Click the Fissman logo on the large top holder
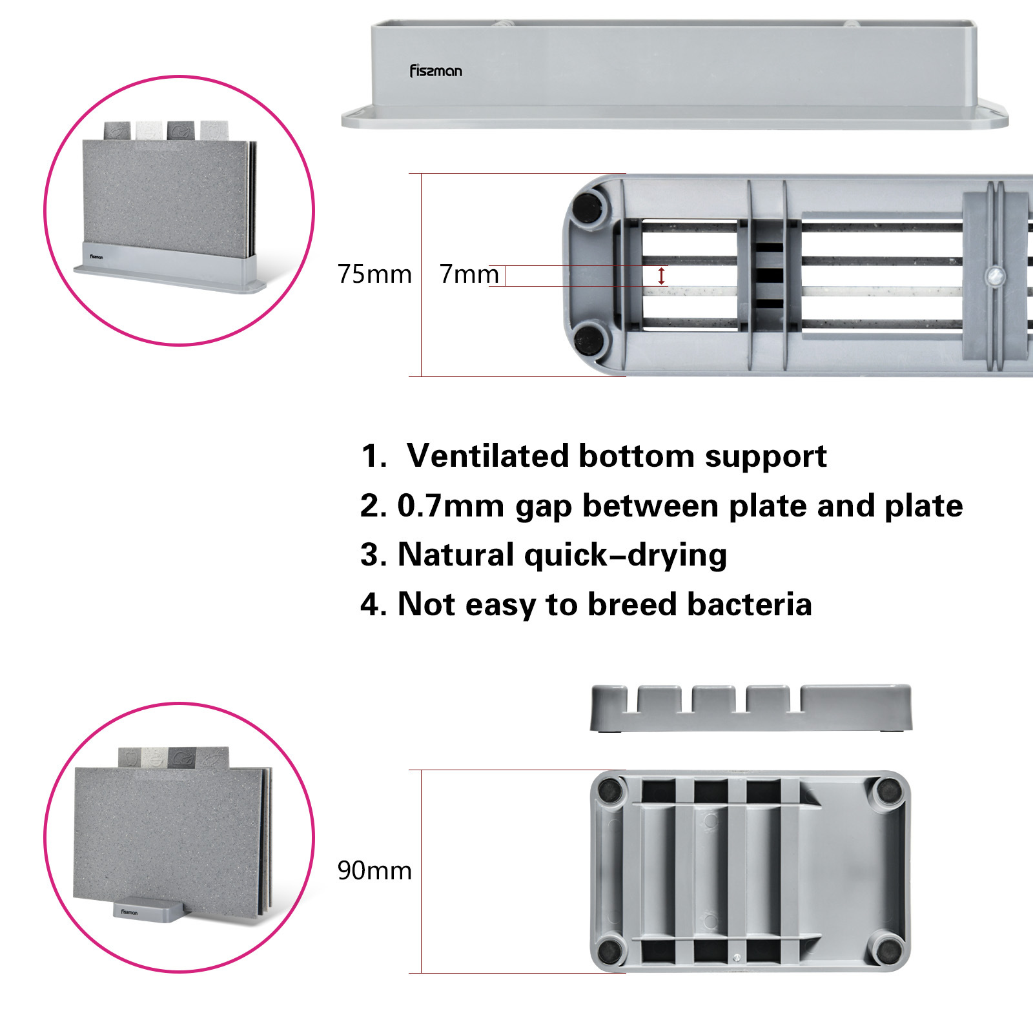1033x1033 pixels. click(x=436, y=71)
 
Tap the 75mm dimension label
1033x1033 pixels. click(x=374, y=274)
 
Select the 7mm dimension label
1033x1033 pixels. click(x=469, y=274)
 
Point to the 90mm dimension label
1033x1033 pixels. click(x=374, y=870)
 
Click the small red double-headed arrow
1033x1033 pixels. click(x=661, y=276)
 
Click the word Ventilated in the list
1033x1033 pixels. click(x=487, y=456)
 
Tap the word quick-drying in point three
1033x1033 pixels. click(x=625, y=555)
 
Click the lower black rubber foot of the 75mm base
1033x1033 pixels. click(x=588, y=338)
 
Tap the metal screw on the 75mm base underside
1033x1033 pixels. click(x=995, y=276)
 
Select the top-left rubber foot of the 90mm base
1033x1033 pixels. click(x=609, y=790)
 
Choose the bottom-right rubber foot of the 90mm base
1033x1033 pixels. click(x=888, y=949)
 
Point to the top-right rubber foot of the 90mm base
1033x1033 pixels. click(x=888, y=790)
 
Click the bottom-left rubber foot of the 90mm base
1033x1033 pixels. click(x=609, y=949)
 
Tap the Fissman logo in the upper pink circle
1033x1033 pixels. click(x=96, y=257)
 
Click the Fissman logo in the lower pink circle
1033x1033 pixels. click(x=129, y=912)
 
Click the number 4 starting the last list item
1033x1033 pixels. click(x=371, y=604)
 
